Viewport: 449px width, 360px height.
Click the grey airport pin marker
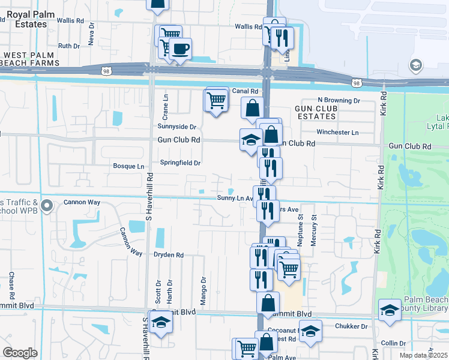(x=415, y=65)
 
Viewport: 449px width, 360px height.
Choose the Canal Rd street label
(x=245, y=91)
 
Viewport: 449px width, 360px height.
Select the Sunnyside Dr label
(x=177, y=127)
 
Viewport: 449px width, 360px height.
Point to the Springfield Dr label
(x=179, y=163)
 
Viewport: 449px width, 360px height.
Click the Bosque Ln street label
(x=128, y=166)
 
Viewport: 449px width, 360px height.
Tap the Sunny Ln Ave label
(x=235, y=198)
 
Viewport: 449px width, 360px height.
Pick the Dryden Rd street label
(x=169, y=255)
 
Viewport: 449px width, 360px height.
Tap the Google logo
(x=20, y=353)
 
